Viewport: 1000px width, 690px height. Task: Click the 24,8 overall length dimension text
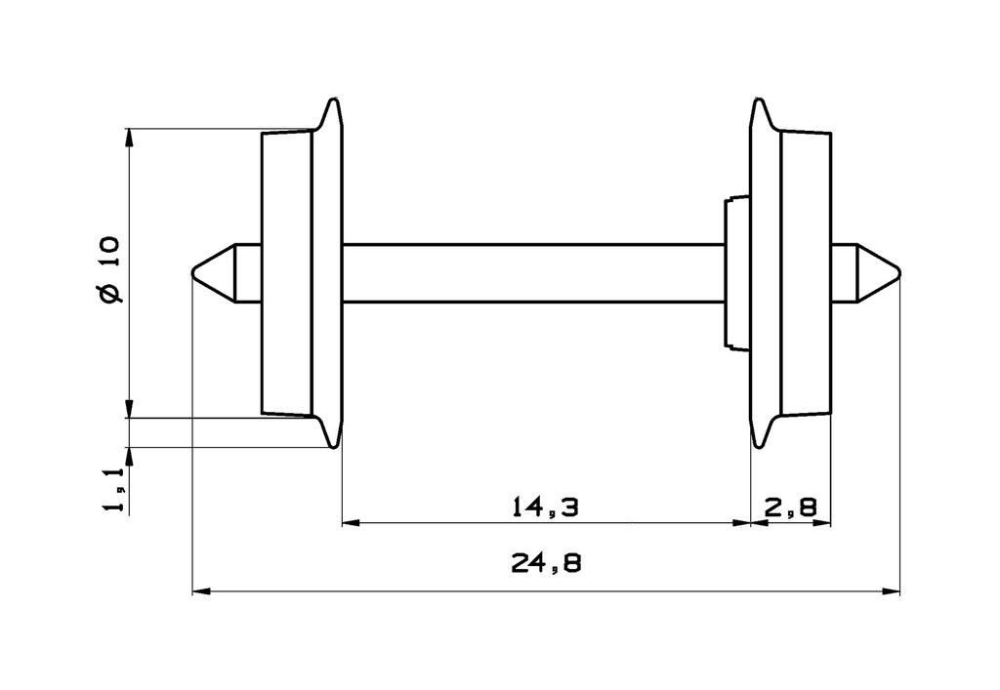click(x=545, y=565)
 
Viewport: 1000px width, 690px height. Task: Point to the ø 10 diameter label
click(x=110, y=269)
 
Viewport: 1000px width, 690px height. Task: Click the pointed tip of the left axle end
click(x=193, y=272)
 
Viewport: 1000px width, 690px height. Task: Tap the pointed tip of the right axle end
click(x=897, y=272)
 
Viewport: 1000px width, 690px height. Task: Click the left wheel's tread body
click(x=286, y=272)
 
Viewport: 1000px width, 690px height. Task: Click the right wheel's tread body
click(x=807, y=272)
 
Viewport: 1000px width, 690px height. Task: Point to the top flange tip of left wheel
click(x=335, y=100)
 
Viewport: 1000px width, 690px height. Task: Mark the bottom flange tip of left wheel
click(x=335, y=446)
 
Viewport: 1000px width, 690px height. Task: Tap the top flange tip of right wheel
click(x=758, y=100)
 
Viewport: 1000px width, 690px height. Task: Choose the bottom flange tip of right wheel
click(x=758, y=446)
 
